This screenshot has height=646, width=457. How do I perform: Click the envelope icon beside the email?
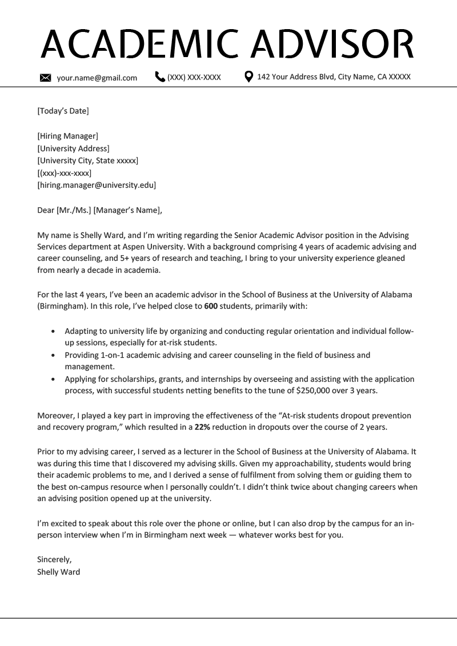click(46, 78)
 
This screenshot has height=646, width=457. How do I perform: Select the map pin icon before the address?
click(248, 76)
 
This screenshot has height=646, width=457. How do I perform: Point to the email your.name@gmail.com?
click(97, 78)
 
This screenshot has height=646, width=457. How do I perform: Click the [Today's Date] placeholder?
click(63, 111)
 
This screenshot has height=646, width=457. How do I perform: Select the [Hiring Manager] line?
click(67, 136)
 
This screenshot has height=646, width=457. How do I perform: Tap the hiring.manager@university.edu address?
click(97, 185)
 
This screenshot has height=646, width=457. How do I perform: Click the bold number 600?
click(210, 306)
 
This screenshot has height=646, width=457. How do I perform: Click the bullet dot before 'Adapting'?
click(54, 331)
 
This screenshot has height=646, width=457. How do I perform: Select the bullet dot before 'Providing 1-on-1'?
click(54, 355)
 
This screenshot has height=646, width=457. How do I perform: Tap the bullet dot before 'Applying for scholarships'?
click(54, 379)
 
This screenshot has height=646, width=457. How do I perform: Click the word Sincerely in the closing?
click(54, 559)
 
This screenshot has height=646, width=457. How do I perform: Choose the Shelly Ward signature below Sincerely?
click(58, 571)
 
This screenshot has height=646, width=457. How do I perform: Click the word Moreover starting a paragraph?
click(55, 415)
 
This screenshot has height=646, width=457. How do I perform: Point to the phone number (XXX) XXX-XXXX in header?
click(194, 78)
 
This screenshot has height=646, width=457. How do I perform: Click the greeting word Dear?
click(46, 210)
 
